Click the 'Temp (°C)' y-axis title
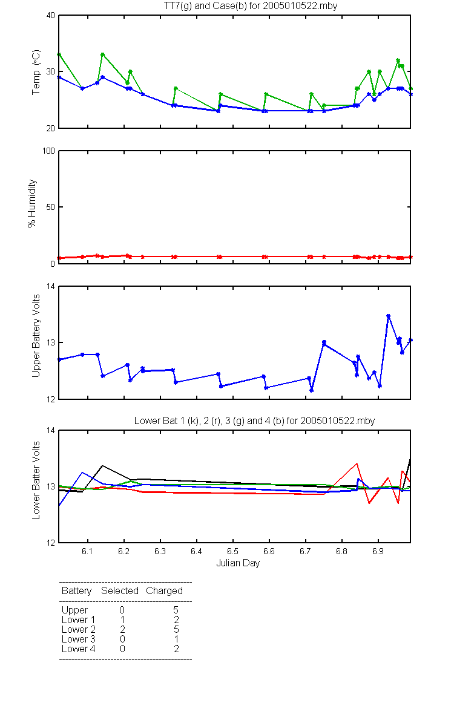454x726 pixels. [36, 72]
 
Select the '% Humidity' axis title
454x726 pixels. [31, 203]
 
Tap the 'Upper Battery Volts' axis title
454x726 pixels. [36, 336]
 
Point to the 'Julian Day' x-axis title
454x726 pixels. [238, 563]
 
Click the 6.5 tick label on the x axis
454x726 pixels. [232, 551]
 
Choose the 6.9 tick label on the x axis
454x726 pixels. [378, 551]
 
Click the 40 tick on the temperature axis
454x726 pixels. [51, 15]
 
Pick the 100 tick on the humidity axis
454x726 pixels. [48, 151]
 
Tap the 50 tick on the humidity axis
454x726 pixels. [51, 207]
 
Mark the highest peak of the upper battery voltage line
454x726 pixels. [388, 316]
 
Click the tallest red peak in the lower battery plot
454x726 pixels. [357, 463]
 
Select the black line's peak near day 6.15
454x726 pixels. [102, 466]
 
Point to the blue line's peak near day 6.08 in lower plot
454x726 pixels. [82, 473]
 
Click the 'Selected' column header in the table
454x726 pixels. [120, 590]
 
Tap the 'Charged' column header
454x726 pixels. [164, 591]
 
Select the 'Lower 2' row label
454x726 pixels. [79, 629]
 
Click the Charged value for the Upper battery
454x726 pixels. [176, 610]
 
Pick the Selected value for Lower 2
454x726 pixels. [122, 629]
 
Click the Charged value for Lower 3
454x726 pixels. [176, 639]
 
